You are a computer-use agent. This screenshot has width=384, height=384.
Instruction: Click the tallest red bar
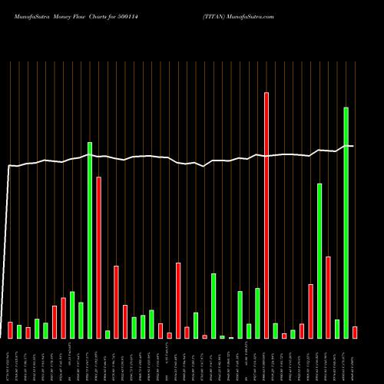pos(266,215)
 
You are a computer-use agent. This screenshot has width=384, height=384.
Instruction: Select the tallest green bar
pos(346,223)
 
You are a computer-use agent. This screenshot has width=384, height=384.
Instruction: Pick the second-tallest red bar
pos(99,257)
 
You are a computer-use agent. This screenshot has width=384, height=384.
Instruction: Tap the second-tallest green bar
pos(90,240)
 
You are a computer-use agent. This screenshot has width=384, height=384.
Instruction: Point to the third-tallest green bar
pos(319,261)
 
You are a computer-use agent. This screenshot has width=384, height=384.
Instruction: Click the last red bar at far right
pos(355,333)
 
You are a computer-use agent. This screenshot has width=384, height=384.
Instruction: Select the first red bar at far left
pos(11,330)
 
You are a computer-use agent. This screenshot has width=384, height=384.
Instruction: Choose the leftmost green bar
pos(19,332)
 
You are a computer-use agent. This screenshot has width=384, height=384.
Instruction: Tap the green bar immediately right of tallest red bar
pos(276,331)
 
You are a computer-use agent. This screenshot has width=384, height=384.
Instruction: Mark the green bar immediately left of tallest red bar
pos(258,313)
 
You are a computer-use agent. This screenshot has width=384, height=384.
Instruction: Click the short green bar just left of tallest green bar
pos(337,329)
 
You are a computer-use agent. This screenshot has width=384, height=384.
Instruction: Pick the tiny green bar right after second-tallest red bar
pos(108,334)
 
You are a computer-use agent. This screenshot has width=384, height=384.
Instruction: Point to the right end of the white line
pos(353,146)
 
